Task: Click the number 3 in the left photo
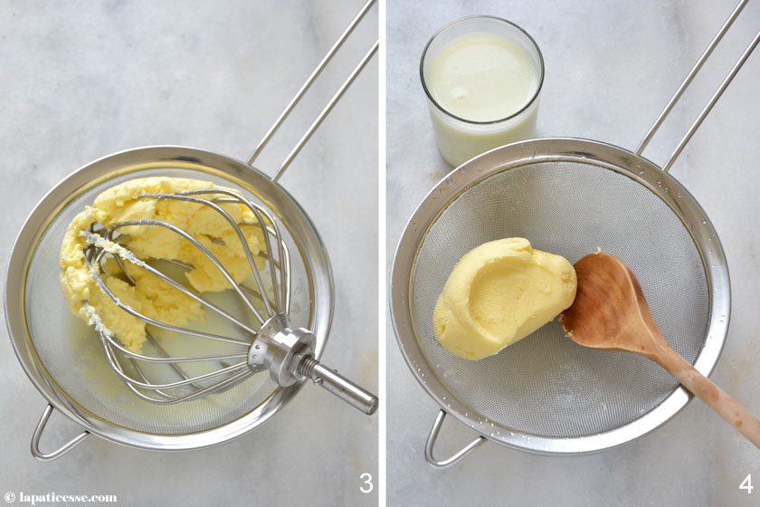[366, 483]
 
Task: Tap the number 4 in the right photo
[746, 483]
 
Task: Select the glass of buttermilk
[482, 91]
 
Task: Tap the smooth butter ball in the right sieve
[504, 299]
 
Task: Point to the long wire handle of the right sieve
[698, 78]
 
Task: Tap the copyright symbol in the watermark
[10, 498]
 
